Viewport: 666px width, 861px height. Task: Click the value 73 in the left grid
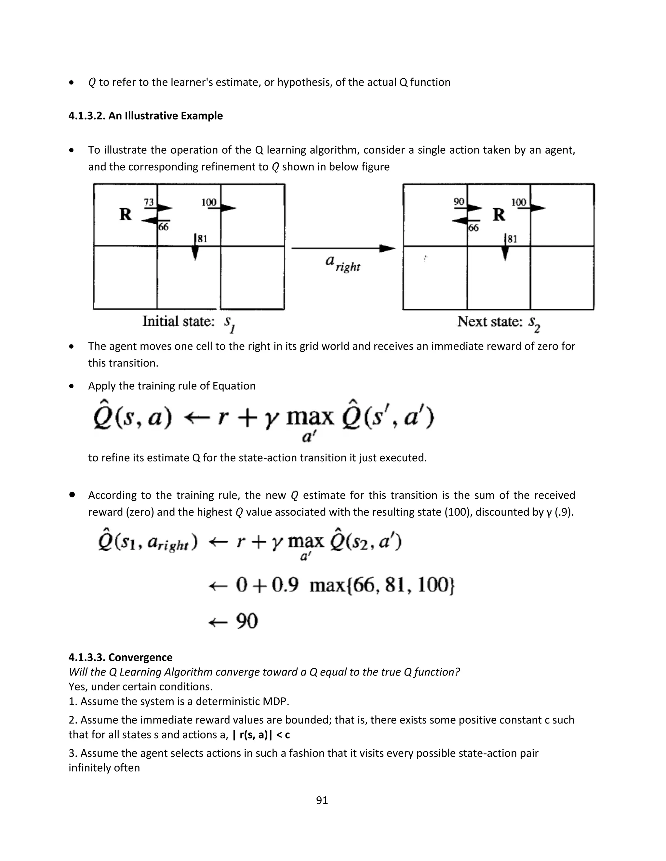click(x=148, y=202)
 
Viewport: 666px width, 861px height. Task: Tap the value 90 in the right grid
click(x=459, y=202)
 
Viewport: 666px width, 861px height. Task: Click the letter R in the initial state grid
click(x=126, y=215)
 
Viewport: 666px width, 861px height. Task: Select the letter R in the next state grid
click(x=499, y=215)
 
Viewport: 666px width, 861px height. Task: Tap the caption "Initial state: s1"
click(x=189, y=322)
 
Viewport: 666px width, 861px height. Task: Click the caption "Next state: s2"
click(x=499, y=322)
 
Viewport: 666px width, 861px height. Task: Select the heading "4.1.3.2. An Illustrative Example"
click(x=146, y=116)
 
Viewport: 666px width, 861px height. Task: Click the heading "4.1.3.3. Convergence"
click(x=120, y=658)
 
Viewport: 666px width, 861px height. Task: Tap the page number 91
click(x=322, y=800)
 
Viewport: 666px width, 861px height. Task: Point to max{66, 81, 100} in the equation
click(x=382, y=585)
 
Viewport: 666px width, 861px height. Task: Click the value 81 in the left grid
click(x=202, y=239)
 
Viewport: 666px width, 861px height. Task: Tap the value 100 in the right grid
click(x=518, y=202)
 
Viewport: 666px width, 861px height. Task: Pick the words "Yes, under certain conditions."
click(x=140, y=687)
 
